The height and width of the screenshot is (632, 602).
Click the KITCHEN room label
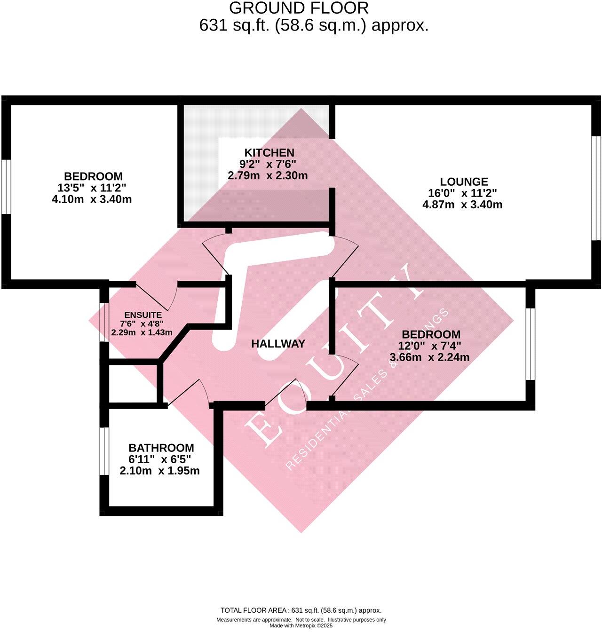coord(269,153)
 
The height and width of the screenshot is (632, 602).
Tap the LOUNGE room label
coord(464,182)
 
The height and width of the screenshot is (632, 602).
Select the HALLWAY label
coord(278,344)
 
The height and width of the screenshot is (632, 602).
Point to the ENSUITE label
coord(143,315)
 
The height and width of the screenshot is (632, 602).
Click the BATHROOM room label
coord(161,448)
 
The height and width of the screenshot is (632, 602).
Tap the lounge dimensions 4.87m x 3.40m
coord(462,205)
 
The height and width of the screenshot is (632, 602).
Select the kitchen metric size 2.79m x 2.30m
coord(268,176)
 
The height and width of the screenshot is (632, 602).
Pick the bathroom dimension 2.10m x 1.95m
coord(160,471)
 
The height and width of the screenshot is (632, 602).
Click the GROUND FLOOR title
coord(299,8)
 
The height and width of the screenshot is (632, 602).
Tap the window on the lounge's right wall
coord(596,188)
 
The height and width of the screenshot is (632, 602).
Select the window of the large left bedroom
coord(6,187)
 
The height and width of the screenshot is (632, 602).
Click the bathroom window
coord(103,451)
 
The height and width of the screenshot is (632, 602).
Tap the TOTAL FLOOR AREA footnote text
coord(301,610)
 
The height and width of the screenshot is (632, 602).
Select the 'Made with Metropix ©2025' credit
coord(301,626)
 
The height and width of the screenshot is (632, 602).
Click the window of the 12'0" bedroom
coord(530,344)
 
